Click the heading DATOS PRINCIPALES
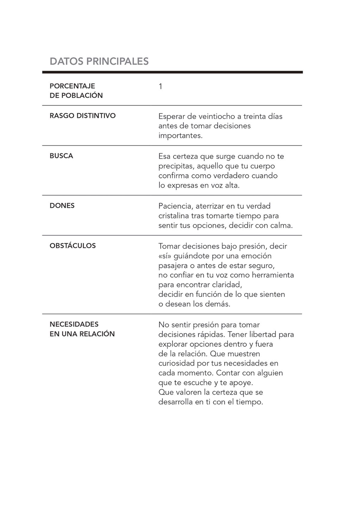99,61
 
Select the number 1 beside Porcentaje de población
160,87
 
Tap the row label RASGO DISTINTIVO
82,116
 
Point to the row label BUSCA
61,156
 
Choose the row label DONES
62,206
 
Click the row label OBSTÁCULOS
73,246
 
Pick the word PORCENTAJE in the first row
72,86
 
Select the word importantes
180,135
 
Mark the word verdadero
231,176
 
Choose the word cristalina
174,216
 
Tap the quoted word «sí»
165,256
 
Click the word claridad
227,285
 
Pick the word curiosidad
176,363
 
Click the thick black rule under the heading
172,72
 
